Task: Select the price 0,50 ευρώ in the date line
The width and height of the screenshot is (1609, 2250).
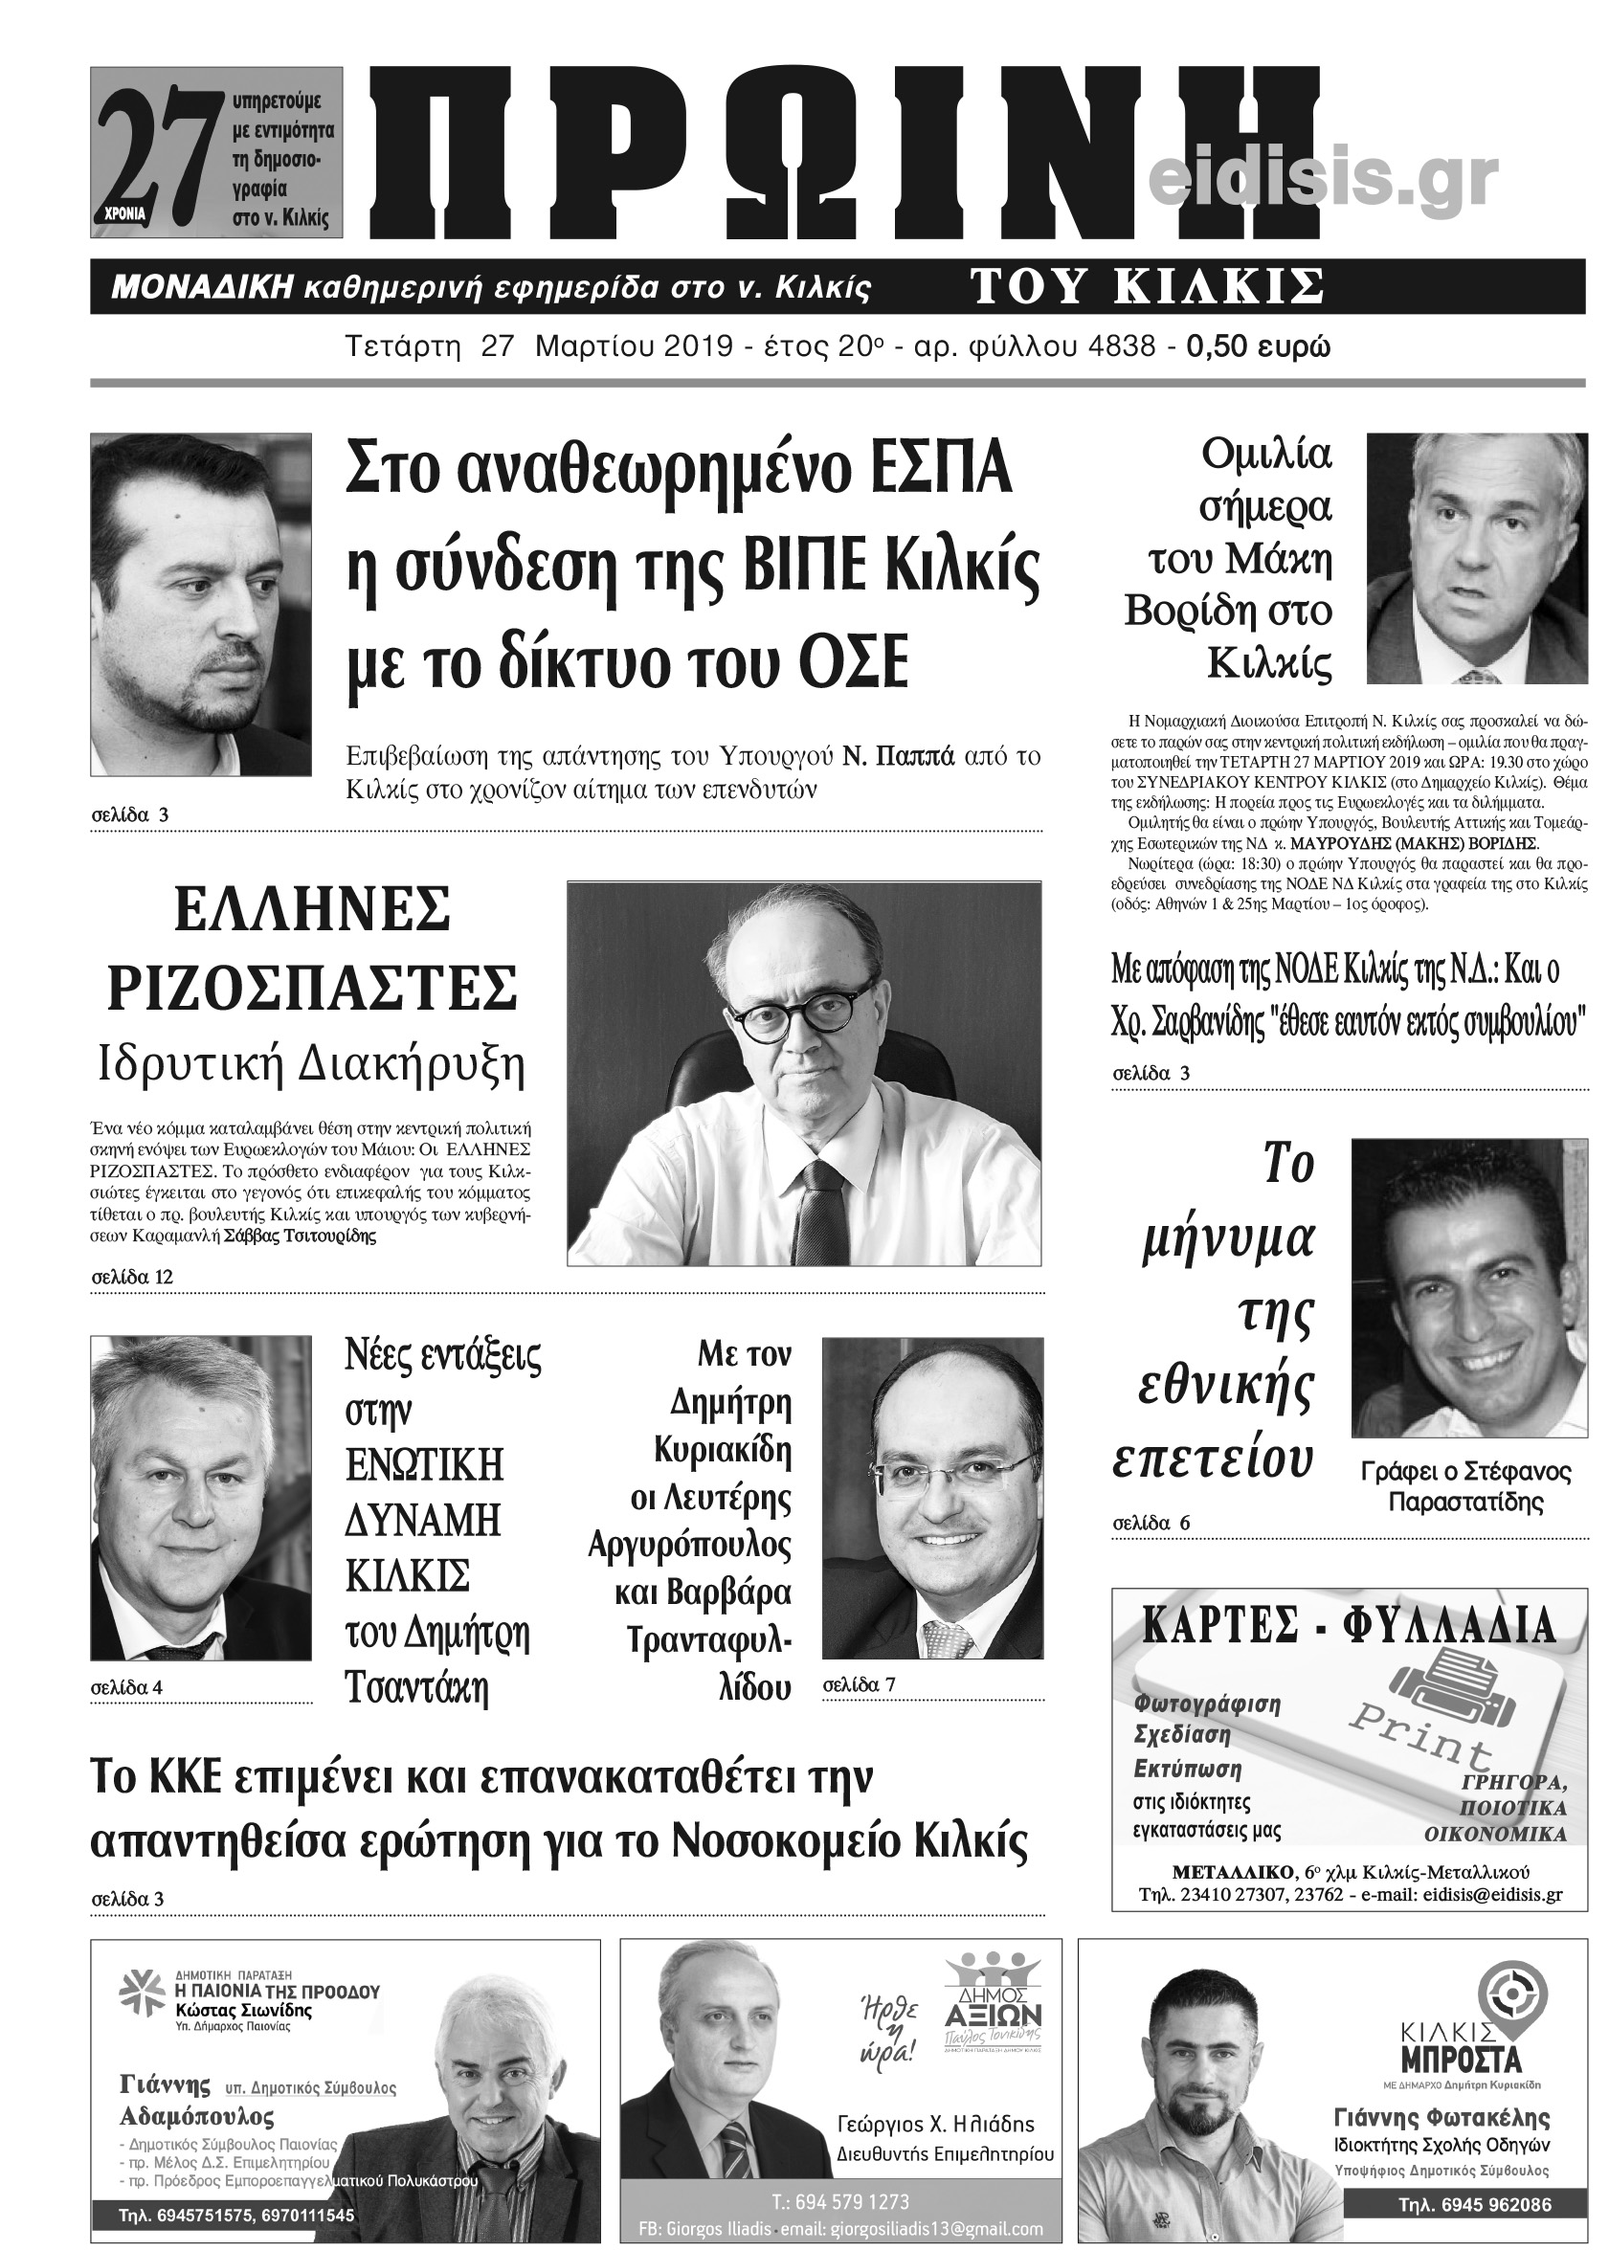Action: pyautogui.click(x=1259, y=345)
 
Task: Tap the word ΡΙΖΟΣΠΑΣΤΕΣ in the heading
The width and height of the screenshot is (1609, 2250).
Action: pyautogui.click(x=312, y=987)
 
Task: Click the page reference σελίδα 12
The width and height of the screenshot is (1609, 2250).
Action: pyautogui.click(x=132, y=1277)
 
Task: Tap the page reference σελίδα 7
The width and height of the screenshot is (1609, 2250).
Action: pyautogui.click(x=858, y=1684)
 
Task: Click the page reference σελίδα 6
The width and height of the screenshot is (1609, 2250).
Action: pyautogui.click(x=1151, y=1523)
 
